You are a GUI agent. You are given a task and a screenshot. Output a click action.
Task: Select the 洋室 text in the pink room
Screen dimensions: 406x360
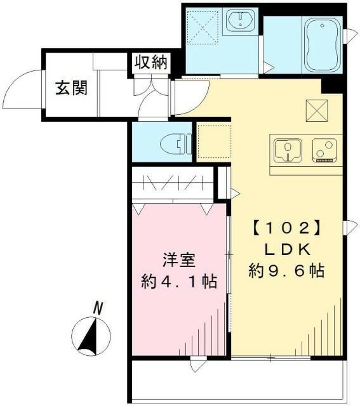(x=177, y=260)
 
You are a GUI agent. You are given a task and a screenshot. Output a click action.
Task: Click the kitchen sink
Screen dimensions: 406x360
(x=288, y=150)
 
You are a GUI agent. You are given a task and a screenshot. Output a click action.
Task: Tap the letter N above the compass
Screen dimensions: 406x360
(x=98, y=308)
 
